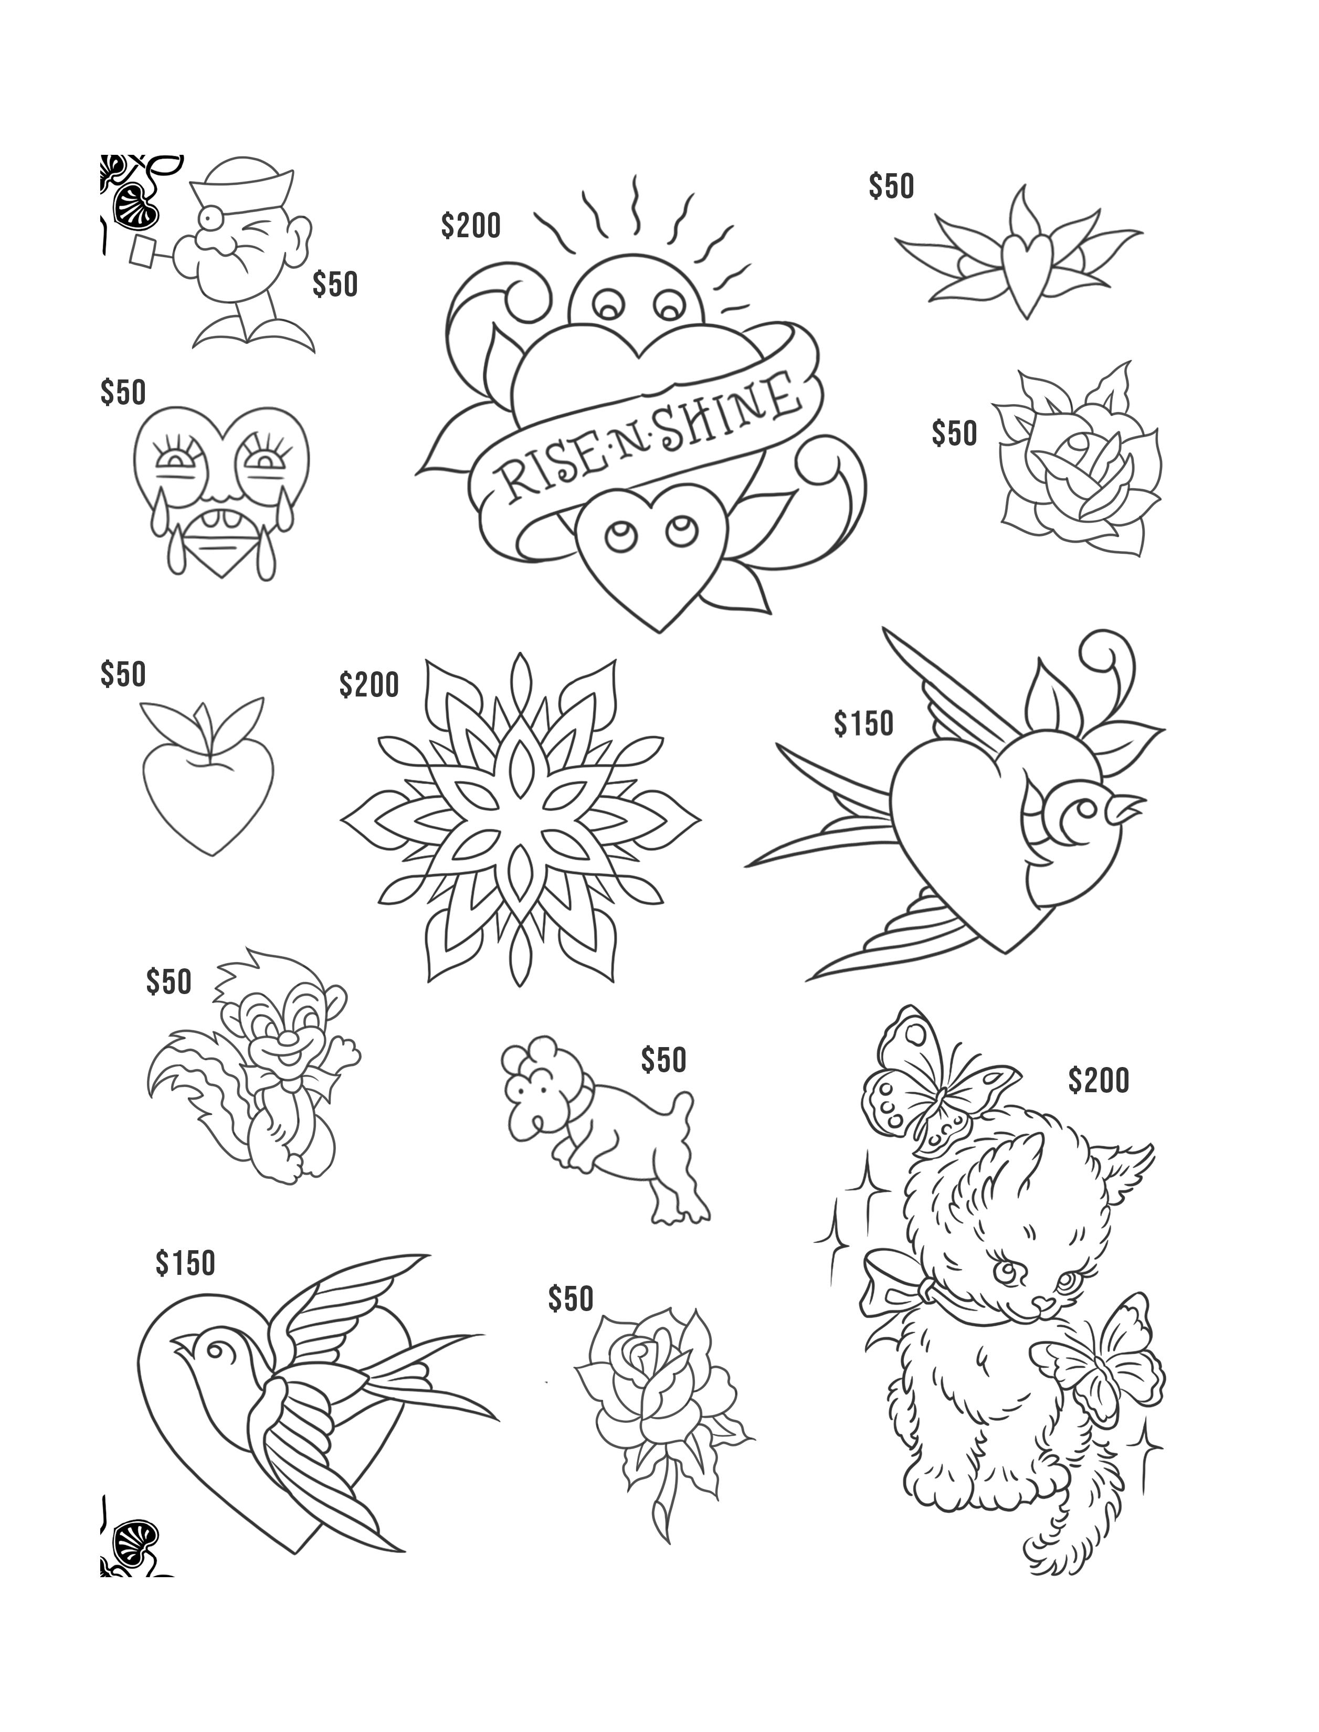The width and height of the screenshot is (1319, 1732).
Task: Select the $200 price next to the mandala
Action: click(369, 684)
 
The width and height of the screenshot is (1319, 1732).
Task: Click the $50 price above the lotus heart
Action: click(891, 186)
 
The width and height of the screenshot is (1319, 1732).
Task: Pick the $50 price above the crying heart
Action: click(123, 392)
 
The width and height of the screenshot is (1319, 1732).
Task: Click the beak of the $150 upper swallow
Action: click(1131, 805)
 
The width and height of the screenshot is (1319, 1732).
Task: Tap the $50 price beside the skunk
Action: click(169, 981)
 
